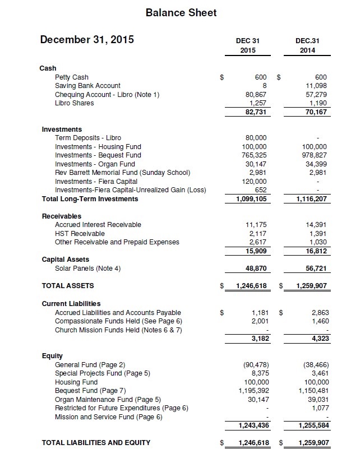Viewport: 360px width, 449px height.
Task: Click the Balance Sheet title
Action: (x=181, y=12)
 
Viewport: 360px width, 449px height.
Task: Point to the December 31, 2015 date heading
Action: (x=87, y=40)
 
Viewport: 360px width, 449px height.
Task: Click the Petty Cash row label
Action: (x=72, y=77)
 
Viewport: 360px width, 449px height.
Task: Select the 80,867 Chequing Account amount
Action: (x=256, y=95)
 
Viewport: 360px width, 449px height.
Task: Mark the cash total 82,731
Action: (x=255, y=112)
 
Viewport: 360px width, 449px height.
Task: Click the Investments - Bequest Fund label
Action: (x=98, y=155)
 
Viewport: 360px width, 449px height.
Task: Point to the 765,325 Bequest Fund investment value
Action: (x=254, y=155)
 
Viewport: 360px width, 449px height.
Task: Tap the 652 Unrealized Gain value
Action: (x=260, y=190)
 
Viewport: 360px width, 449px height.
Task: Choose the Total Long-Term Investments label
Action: (x=90, y=199)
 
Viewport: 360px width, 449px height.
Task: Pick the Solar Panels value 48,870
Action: (x=257, y=269)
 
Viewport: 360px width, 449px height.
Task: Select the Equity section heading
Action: (x=52, y=356)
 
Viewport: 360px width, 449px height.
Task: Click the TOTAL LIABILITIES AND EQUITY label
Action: (x=96, y=443)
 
